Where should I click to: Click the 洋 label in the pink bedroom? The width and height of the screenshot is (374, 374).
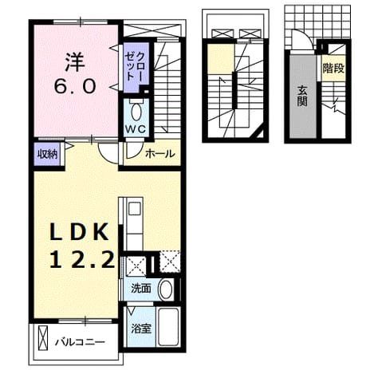pyautogui.click(x=75, y=63)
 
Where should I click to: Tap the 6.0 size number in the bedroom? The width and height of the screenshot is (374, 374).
pyautogui.click(x=75, y=86)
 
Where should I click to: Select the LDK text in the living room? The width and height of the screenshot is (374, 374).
pyautogui.click(x=79, y=232)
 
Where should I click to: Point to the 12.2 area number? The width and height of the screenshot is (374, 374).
pyautogui.click(x=82, y=259)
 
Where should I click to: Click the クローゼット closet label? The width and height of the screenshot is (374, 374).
pyautogui.click(x=134, y=67)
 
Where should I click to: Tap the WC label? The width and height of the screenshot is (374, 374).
pyautogui.click(x=136, y=129)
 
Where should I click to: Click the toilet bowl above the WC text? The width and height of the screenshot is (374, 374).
pyautogui.click(x=136, y=112)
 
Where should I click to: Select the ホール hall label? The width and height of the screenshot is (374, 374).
pyautogui.click(x=160, y=153)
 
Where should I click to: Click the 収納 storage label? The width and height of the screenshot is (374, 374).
pyautogui.click(x=47, y=154)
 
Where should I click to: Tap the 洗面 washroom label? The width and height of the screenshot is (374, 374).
pyautogui.click(x=141, y=289)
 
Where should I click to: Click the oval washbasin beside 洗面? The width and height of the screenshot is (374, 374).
pyautogui.click(x=166, y=289)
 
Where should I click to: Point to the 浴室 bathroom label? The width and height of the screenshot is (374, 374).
pyautogui.click(x=141, y=329)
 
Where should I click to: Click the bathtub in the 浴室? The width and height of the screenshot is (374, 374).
pyautogui.click(x=167, y=327)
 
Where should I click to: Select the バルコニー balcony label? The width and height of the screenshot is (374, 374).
pyautogui.click(x=80, y=342)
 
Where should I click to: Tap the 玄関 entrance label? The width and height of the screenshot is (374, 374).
pyautogui.click(x=302, y=97)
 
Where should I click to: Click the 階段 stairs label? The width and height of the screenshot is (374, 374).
pyautogui.click(x=333, y=69)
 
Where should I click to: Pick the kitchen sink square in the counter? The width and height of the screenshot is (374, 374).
pyautogui.click(x=134, y=209)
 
